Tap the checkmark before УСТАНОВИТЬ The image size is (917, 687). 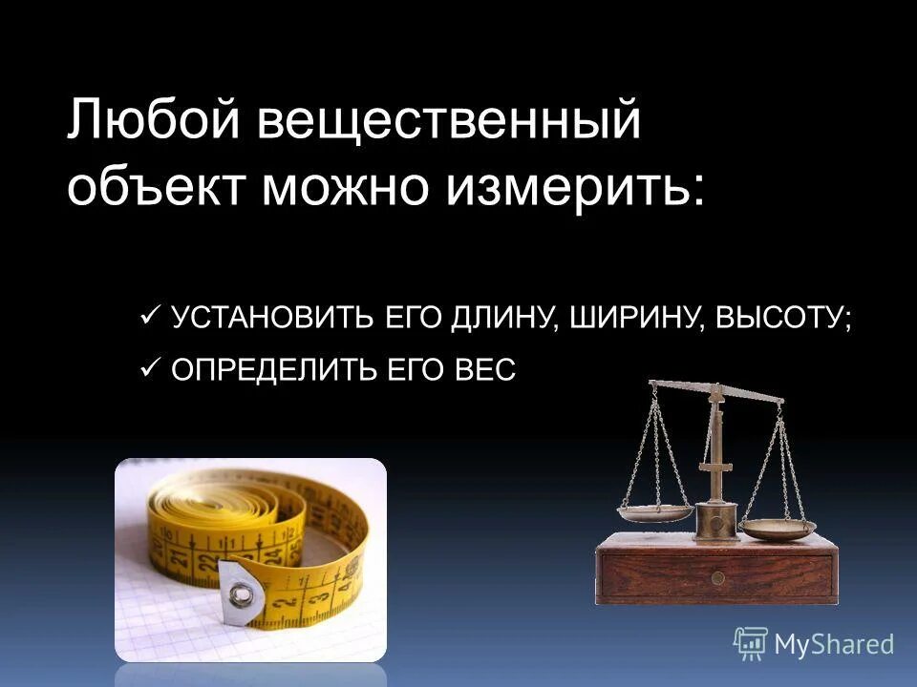tap(149, 314)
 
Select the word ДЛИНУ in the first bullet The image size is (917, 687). tap(501, 317)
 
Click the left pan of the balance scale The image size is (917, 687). tap(655, 512)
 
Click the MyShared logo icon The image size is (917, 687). tap(751, 644)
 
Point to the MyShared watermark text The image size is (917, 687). tap(834, 645)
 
